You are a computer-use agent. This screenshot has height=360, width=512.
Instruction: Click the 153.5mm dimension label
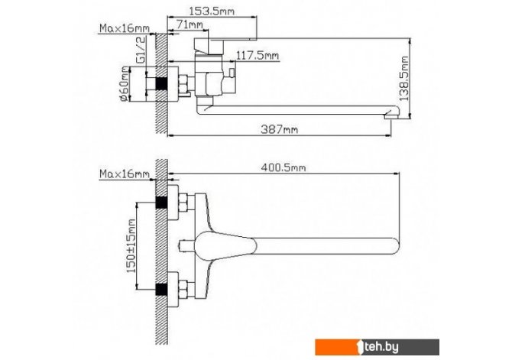212,11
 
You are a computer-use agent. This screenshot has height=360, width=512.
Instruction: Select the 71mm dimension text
190,24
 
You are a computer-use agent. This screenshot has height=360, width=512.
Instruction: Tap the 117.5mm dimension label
258,56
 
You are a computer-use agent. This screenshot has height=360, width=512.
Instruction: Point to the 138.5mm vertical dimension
404,79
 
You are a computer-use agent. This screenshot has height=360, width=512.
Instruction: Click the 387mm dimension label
280,129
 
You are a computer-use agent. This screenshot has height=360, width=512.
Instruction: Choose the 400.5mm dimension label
284,167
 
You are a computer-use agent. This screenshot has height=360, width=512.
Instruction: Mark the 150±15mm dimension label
131,246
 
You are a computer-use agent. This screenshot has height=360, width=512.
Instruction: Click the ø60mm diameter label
125,84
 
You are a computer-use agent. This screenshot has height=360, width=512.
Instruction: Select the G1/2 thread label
141,50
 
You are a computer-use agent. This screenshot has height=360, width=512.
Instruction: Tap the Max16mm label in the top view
125,28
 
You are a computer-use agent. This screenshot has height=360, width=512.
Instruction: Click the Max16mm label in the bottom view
125,174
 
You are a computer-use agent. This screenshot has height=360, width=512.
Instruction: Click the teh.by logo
377,347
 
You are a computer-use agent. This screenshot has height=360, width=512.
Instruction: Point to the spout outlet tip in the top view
391,115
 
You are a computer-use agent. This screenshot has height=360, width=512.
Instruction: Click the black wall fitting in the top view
161,84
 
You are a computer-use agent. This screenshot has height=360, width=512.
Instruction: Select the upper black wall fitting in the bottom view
161,203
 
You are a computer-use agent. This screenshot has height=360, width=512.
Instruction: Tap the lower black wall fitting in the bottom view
161,290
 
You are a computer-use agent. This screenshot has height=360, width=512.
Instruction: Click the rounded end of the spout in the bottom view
395,246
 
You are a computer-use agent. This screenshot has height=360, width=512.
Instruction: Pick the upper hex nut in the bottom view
183,203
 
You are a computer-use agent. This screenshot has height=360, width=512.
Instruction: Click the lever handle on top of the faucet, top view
225,44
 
